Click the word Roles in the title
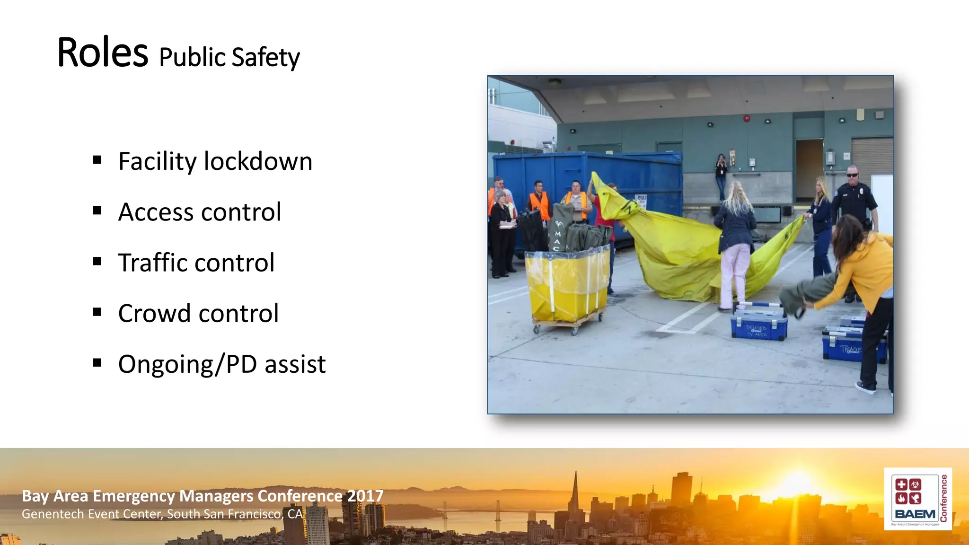click(x=102, y=53)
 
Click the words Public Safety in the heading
click(x=229, y=58)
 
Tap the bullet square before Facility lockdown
click(x=97, y=160)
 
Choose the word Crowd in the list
click(x=152, y=313)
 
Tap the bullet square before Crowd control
click(x=97, y=312)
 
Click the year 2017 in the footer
click(x=365, y=496)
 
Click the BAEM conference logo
click(x=917, y=499)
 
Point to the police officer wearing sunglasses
click(x=854, y=199)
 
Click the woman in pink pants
click(x=735, y=246)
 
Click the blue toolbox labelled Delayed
click(x=758, y=324)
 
